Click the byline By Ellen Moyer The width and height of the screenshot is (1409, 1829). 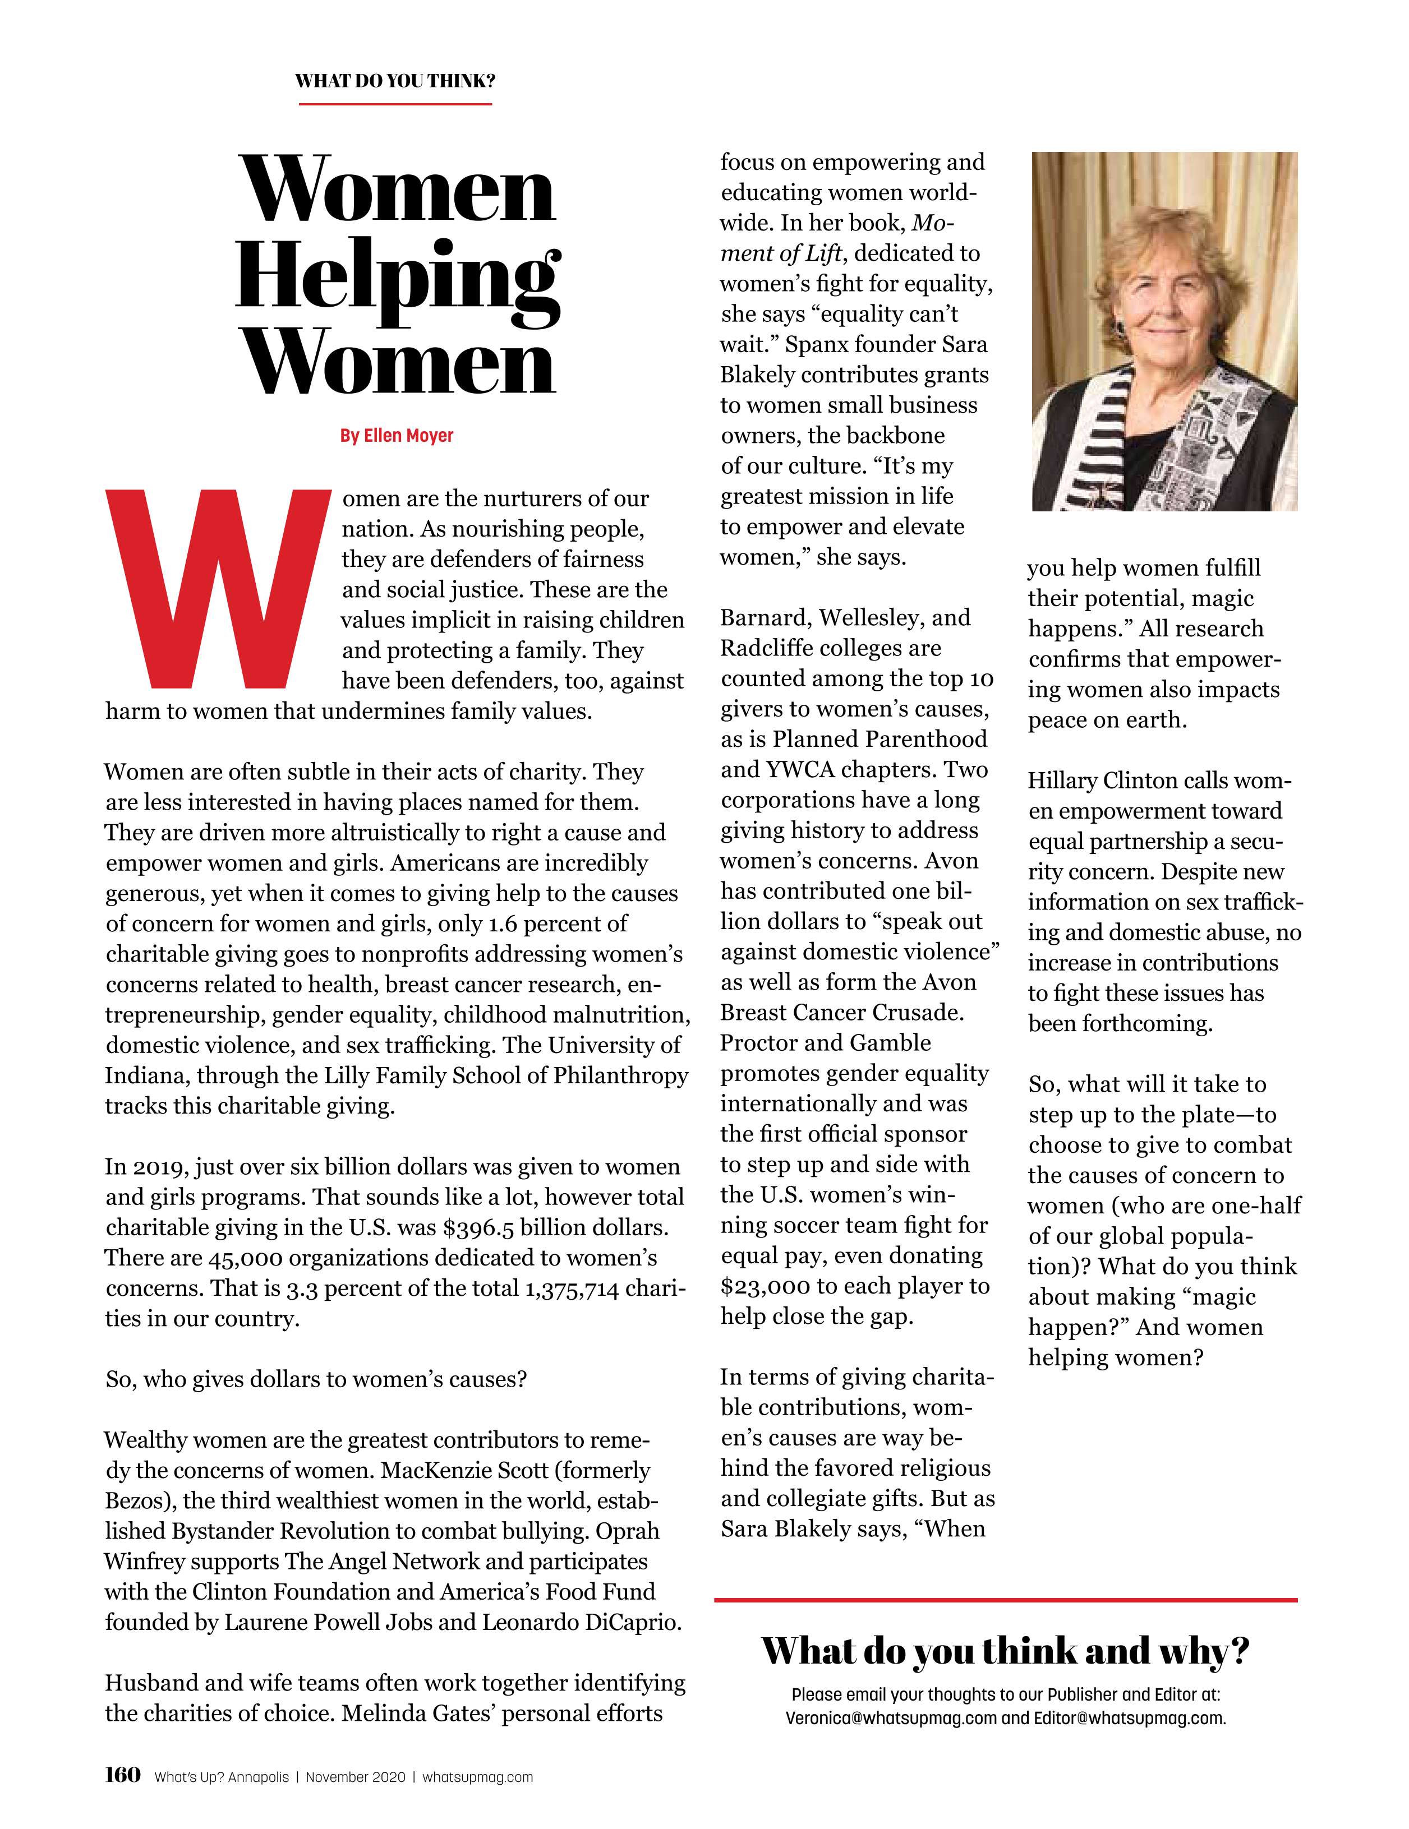(x=396, y=436)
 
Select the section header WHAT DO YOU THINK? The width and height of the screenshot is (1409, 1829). (x=394, y=81)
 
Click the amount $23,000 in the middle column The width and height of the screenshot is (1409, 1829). (x=765, y=1286)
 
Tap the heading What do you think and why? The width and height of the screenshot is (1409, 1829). (x=1005, y=1651)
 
